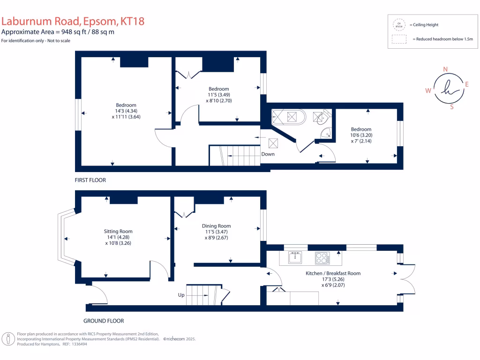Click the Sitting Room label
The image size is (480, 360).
118,231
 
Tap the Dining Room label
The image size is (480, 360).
216,226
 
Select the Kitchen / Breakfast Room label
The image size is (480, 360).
333,273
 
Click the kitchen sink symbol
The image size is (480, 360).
295,257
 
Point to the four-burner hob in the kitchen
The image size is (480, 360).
322,257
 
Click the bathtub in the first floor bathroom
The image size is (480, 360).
288,116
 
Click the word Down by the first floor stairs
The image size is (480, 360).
268,154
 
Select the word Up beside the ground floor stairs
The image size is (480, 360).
180,295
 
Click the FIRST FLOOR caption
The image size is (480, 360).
90,180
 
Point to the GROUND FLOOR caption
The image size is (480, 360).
104,321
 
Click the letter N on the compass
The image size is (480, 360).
445,69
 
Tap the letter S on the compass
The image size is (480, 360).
452,106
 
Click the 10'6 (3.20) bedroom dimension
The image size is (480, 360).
361,135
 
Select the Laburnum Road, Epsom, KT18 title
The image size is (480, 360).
73,21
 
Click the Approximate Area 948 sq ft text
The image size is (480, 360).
58,32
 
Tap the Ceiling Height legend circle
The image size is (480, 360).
399,24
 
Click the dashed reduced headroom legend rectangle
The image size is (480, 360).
399,39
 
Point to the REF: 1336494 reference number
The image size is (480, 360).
76,344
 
